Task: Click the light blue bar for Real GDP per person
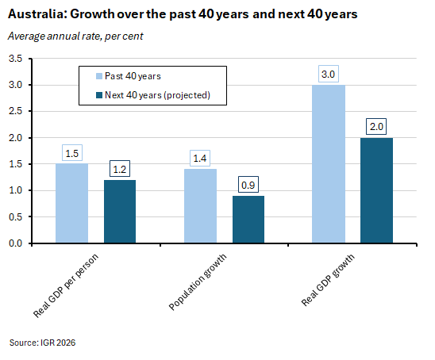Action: pyautogui.click(x=72, y=203)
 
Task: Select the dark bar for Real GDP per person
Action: pyautogui.click(x=120, y=212)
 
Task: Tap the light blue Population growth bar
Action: pyautogui.click(x=200, y=206)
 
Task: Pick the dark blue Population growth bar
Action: pyautogui.click(x=248, y=220)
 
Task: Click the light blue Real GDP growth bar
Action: pyautogui.click(x=329, y=164)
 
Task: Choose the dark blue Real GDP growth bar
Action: pyautogui.click(x=376, y=190)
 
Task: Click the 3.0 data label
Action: pyautogui.click(x=328, y=74)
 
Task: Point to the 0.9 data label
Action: pyautogui.click(x=248, y=185)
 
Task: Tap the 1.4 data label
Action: pyautogui.click(x=200, y=159)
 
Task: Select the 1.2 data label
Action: pyautogui.click(x=120, y=169)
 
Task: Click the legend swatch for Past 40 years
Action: pyautogui.click(x=99, y=76)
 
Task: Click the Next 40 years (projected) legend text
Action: pyautogui.click(x=157, y=95)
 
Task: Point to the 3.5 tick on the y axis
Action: pyautogui.click(x=15, y=59)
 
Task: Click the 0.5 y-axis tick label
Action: pyautogui.click(x=15, y=217)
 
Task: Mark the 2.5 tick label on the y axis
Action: pyautogui.click(x=15, y=111)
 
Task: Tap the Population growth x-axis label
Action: pyautogui.click(x=198, y=281)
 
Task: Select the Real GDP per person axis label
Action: pyautogui.click(x=66, y=285)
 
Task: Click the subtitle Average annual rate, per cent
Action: pyautogui.click(x=75, y=36)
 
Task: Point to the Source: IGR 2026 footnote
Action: pyautogui.click(x=42, y=343)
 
